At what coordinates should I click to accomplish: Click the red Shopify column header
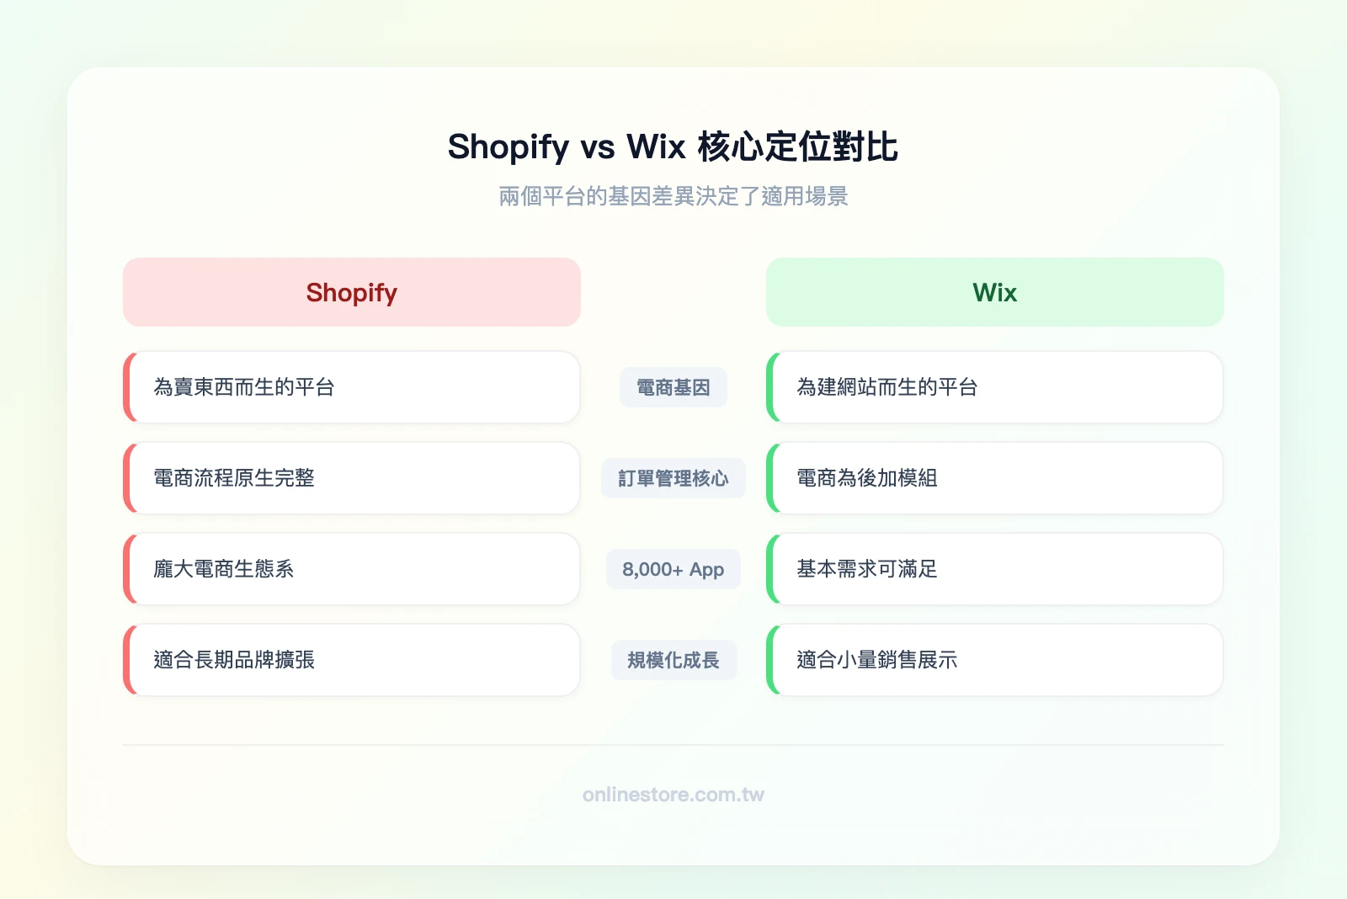point(351,292)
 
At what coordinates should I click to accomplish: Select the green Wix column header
point(994,292)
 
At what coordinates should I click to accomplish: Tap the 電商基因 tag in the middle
point(673,387)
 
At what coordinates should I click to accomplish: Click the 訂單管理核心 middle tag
point(673,478)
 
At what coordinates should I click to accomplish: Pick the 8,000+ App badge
point(673,569)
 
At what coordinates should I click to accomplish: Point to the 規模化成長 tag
point(673,660)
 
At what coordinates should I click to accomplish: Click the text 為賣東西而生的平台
point(244,387)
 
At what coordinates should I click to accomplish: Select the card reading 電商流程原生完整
point(234,478)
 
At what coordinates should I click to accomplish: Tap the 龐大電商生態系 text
point(224,569)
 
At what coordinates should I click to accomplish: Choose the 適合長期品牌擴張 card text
point(234,660)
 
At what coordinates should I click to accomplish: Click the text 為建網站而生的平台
point(887,387)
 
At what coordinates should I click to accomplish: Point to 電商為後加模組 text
point(867,478)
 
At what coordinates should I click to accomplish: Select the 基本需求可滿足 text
point(867,569)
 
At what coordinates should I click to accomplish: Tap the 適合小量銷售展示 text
point(877,660)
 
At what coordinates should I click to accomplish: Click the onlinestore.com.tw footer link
point(673,795)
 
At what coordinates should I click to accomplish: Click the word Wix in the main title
point(656,147)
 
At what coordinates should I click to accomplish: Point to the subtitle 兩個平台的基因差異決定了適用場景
point(673,196)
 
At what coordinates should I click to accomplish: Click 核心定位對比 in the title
point(797,147)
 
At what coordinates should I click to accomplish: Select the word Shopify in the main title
point(508,147)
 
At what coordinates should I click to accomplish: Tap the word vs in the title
point(598,147)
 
